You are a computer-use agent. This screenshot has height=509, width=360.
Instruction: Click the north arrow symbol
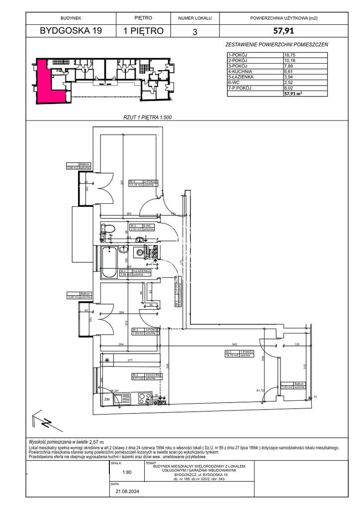tap(45, 423)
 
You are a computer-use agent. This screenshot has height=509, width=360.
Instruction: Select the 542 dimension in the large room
tap(236, 343)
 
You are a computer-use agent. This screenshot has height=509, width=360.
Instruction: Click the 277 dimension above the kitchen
tap(131, 359)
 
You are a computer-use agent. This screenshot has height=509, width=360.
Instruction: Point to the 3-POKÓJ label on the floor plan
tap(151, 330)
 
